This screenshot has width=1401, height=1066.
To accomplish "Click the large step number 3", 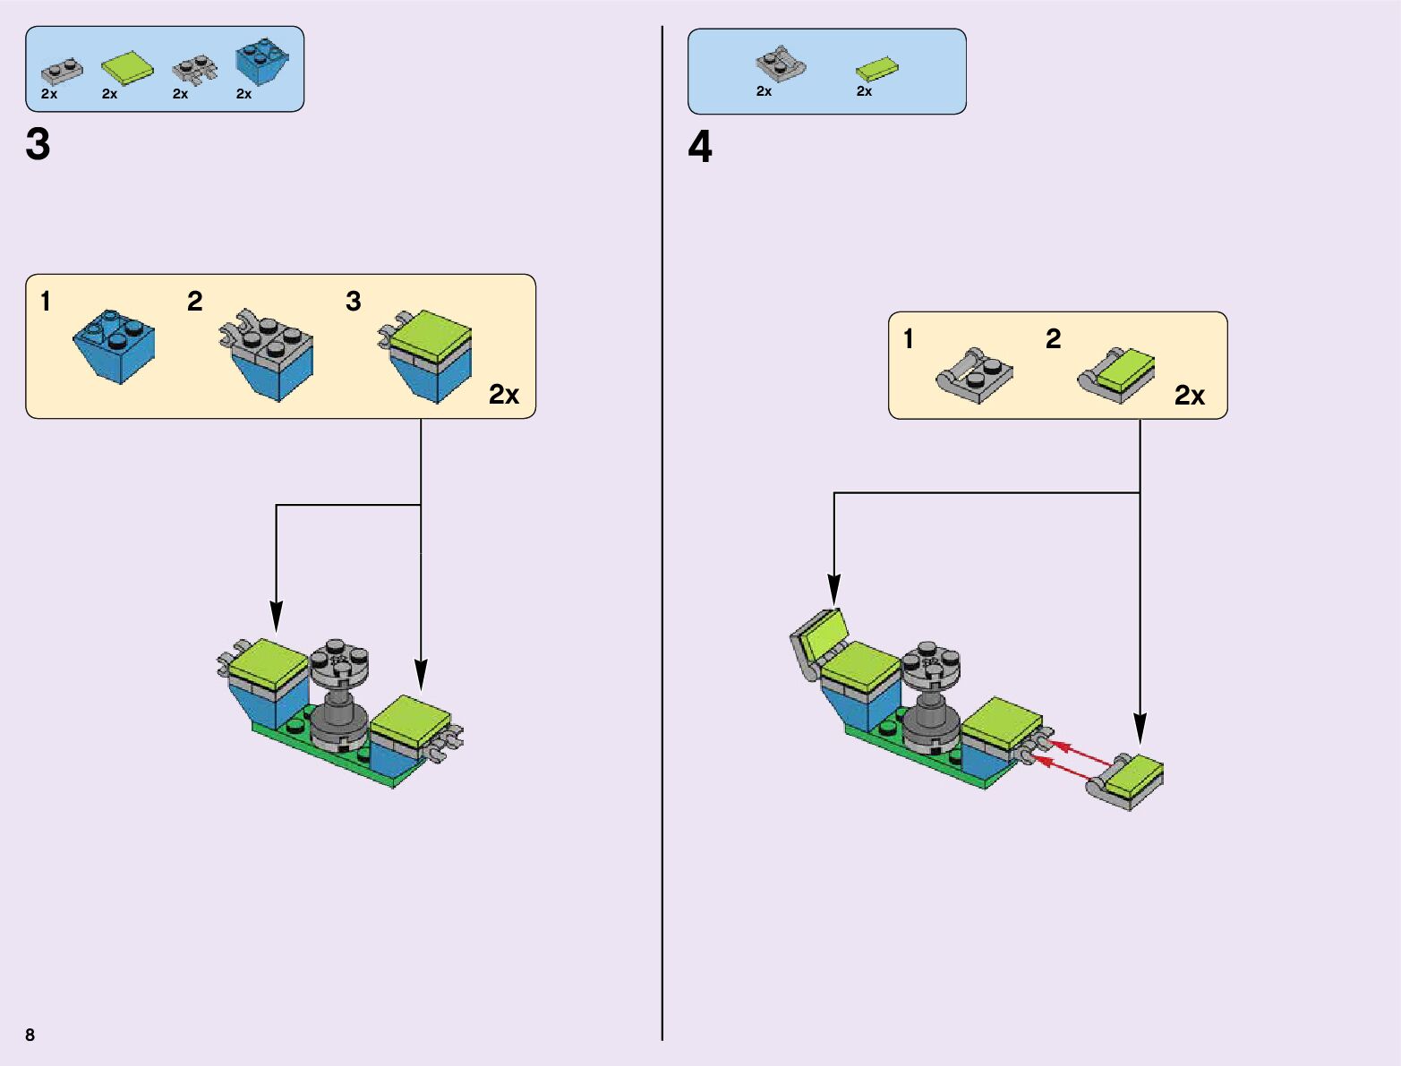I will [38, 145].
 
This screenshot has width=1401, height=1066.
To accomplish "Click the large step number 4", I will [700, 147].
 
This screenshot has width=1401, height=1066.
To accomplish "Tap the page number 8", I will [30, 1035].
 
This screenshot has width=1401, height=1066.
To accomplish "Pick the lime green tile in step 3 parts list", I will [126, 68].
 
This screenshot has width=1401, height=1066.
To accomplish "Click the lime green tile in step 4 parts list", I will [876, 69].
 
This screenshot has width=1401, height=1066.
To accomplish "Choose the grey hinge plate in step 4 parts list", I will [780, 64].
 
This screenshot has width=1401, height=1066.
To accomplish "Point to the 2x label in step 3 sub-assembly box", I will [504, 395].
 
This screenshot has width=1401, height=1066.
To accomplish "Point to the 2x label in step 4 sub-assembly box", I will [1190, 396].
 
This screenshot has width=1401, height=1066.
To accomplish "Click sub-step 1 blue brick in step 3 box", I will [115, 345].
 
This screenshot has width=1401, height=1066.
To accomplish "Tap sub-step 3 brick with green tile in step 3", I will [430, 354].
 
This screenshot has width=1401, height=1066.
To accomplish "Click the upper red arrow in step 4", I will [1081, 752].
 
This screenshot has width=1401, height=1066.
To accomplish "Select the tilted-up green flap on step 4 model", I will [819, 638].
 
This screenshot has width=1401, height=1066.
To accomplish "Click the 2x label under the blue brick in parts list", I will [243, 94].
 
